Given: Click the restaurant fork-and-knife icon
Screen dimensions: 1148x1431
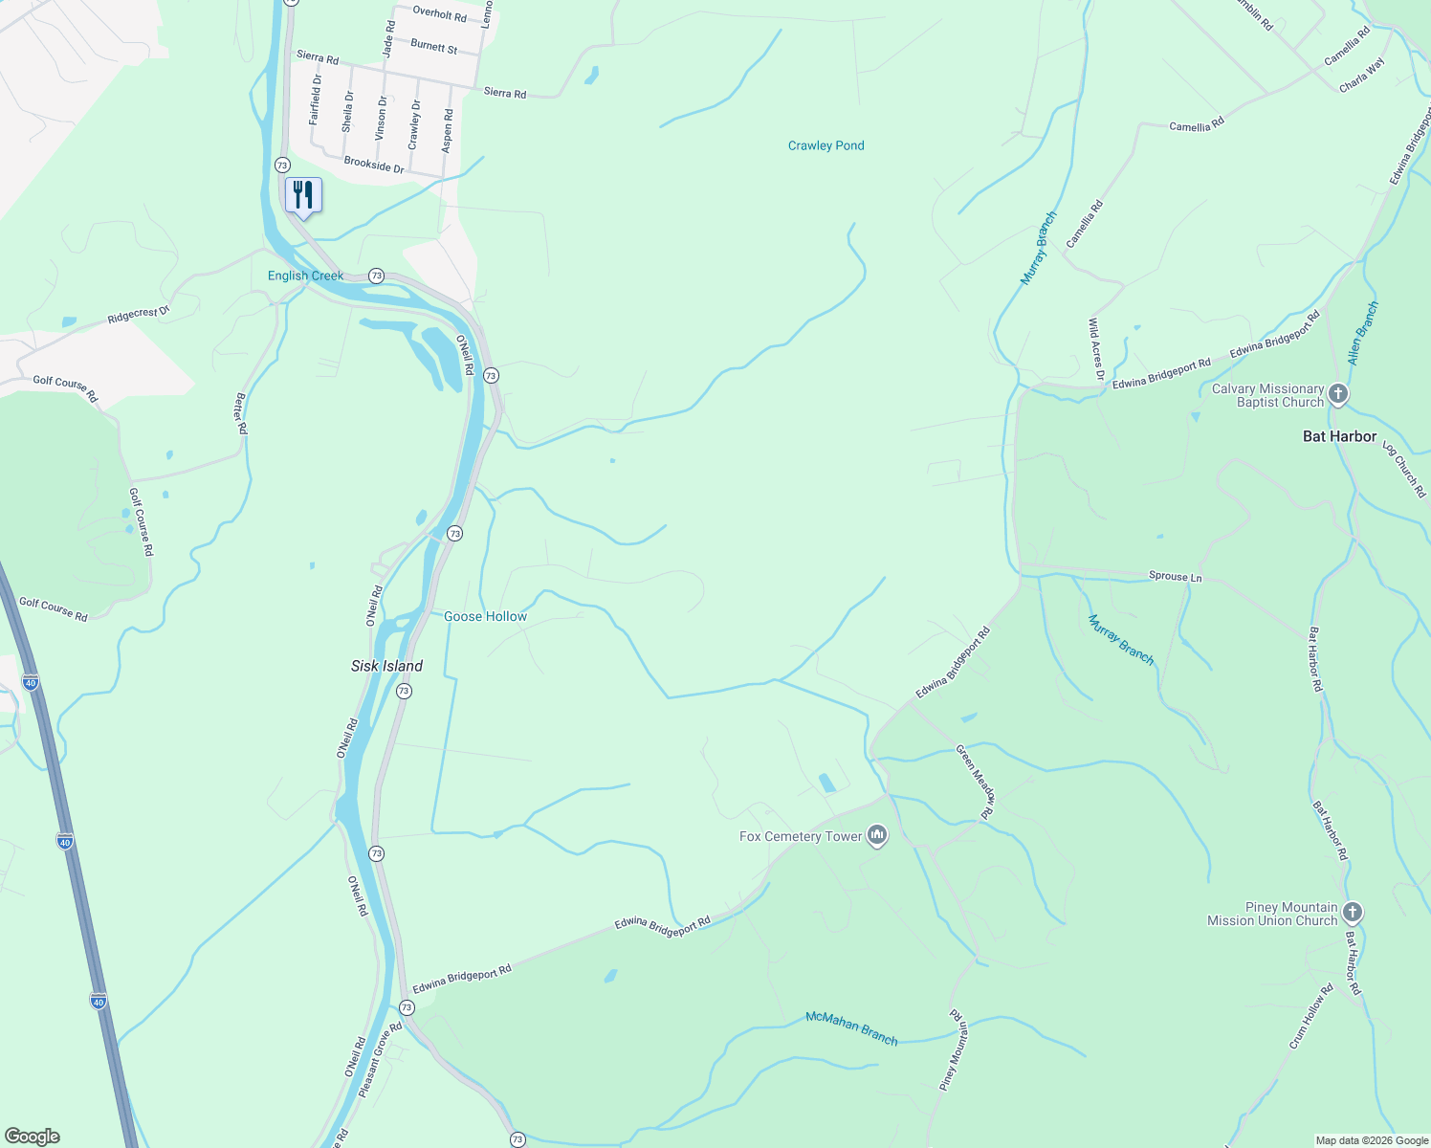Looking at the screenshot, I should [303, 195].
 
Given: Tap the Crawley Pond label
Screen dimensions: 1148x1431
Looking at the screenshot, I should [826, 145].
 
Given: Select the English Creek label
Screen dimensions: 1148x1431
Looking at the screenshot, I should [305, 276].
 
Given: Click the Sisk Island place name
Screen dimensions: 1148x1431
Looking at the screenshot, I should [386, 666].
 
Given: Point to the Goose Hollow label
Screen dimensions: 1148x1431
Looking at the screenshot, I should [485, 616].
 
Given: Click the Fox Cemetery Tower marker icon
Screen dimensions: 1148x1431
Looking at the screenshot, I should [876, 836].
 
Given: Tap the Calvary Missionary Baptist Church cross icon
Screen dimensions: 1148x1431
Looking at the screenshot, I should [1338, 394].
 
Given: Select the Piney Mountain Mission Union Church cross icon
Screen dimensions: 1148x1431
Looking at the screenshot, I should [1352, 913].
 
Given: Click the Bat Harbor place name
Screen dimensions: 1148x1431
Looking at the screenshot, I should [1339, 436].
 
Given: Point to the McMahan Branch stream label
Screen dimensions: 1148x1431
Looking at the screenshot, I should [851, 1027].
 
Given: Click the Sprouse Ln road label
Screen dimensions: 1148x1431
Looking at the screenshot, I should [1175, 576].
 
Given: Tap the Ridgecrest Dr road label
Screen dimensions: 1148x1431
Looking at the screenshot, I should [138, 314].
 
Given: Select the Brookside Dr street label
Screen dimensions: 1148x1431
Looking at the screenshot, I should [374, 165].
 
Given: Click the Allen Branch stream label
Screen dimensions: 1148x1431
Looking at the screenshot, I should [1363, 333].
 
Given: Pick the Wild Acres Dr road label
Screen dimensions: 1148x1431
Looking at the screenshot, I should [1095, 350].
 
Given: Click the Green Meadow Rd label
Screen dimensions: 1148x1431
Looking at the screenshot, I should [975, 782].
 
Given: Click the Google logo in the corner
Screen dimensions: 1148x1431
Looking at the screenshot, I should [32, 1137].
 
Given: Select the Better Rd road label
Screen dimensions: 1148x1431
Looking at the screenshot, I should [241, 414].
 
